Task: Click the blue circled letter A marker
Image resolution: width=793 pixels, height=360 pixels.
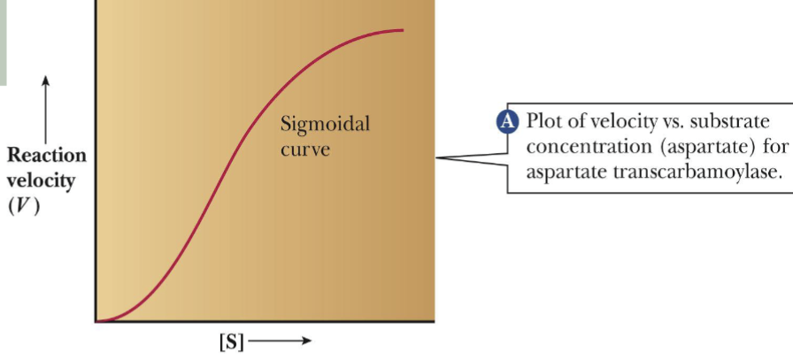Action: click(508, 121)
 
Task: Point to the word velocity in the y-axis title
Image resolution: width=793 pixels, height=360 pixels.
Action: click(45, 180)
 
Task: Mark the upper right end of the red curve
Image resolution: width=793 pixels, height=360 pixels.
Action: click(404, 31)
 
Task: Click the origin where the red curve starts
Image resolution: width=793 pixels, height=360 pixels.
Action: click(97, 321)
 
